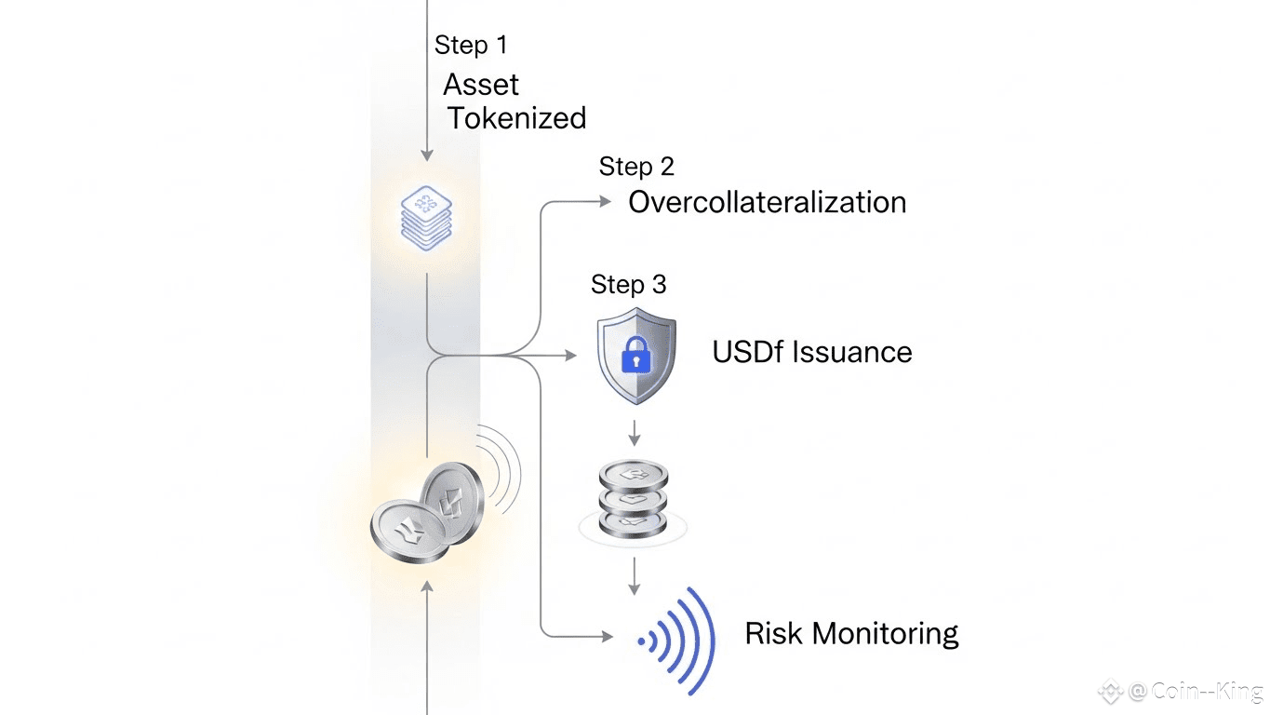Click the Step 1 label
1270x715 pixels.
point(471,45)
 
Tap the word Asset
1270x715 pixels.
point(480,85)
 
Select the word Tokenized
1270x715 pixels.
point(516,118)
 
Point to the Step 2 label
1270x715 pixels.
point(636,167)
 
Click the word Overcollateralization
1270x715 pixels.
point(767,202)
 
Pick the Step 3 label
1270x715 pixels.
point(628,284)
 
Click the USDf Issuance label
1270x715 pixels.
point(811,352)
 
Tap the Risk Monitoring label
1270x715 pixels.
point(851,634)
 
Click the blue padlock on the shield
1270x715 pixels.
point(635,355)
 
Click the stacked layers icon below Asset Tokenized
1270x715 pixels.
point(426,217)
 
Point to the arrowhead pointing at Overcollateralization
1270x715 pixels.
point(607,200)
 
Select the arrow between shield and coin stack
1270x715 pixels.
point(634,432)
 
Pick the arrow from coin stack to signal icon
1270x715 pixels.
point(634,576)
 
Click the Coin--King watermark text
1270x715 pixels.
point(1195,691)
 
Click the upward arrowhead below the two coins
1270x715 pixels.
point(427,587)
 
